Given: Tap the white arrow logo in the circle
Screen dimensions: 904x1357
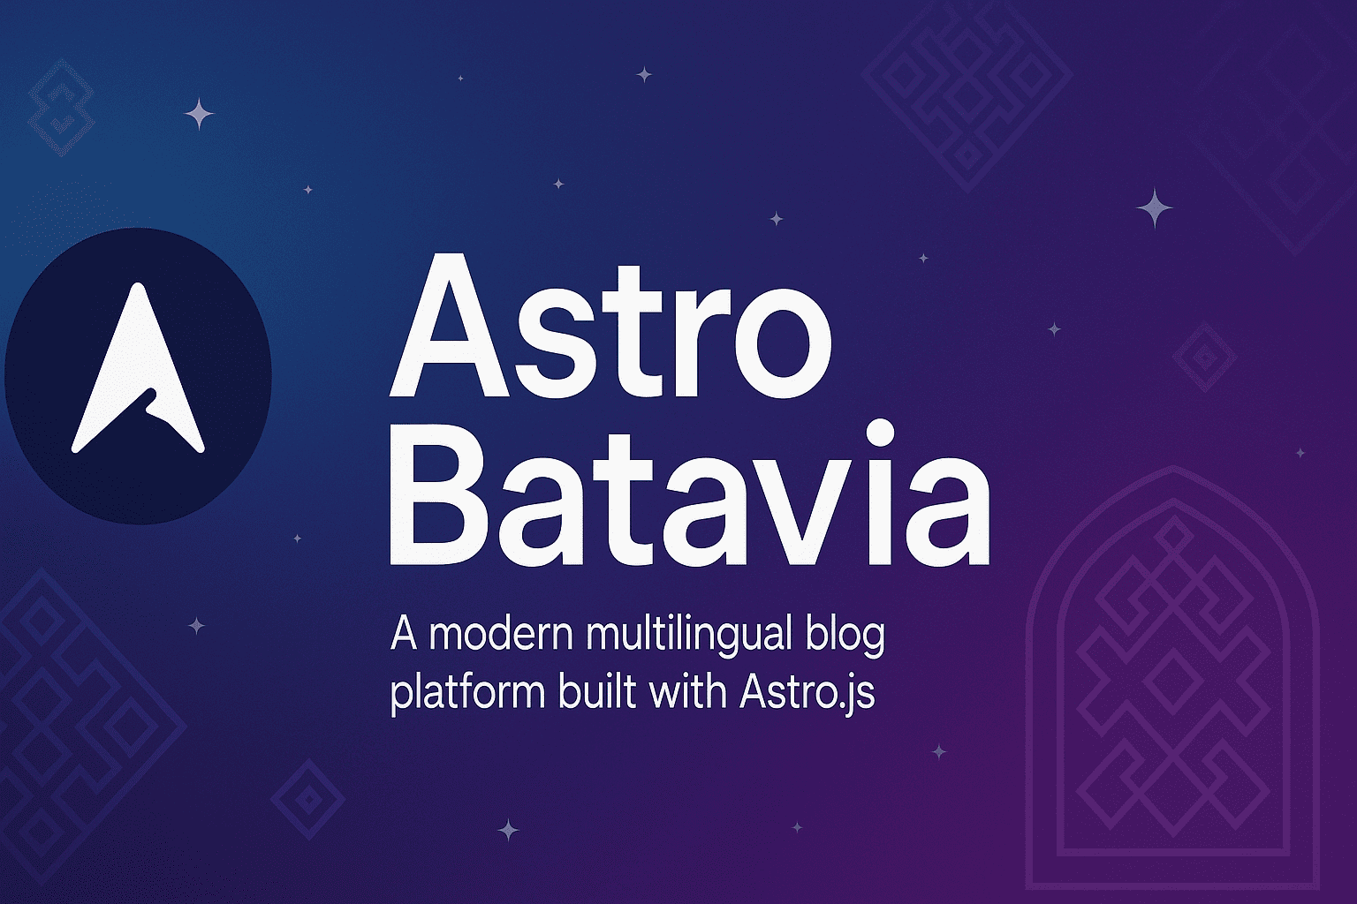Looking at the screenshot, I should (139, 371).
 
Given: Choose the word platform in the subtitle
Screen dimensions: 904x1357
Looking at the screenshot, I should (467, 692).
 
